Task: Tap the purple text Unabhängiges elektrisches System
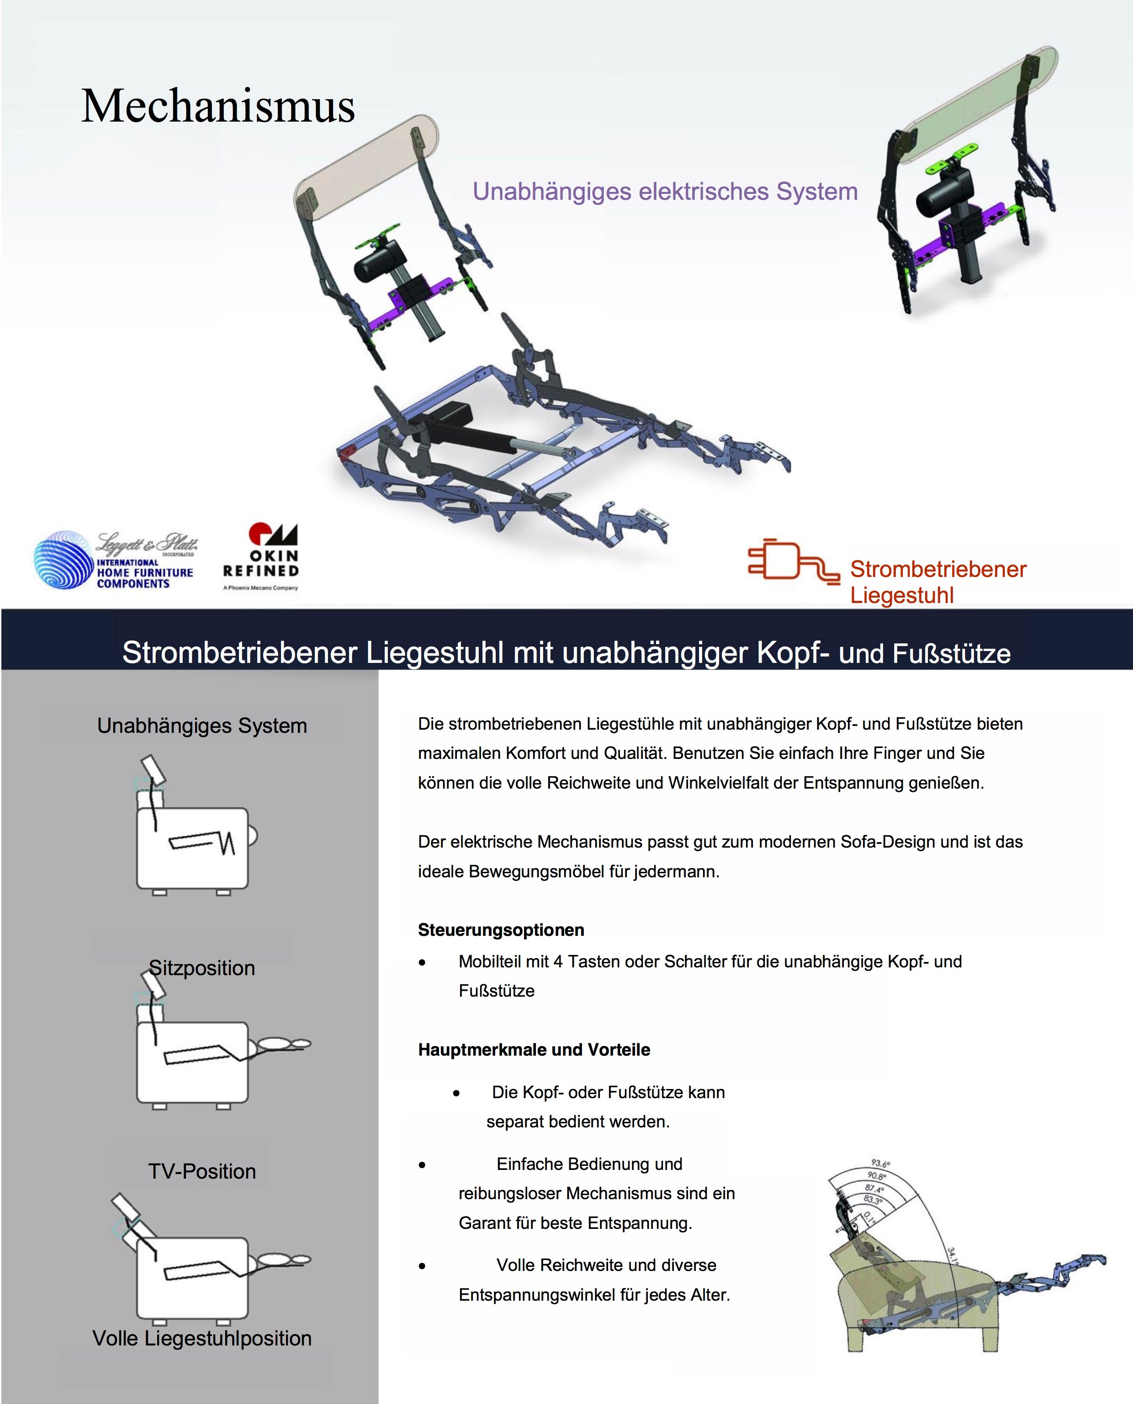pos(664,192)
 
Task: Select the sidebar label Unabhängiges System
pos(201,726)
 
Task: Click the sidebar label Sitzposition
pos(201,968)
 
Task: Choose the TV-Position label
pos(201,1171)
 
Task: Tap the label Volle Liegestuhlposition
pos(201,1338)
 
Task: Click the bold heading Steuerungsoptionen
pos(501,930)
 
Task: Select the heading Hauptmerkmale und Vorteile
pos(534,1049)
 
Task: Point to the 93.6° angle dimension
pos(880,1164)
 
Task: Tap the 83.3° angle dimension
pos(873,1200)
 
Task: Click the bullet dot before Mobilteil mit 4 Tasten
pos(422,962)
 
